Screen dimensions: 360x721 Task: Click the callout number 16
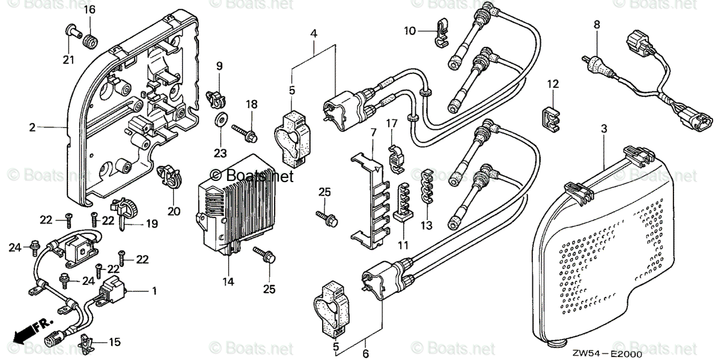coord(89,10)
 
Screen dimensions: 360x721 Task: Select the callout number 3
coord(604,129)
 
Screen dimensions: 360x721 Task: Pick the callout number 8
coord(597,25)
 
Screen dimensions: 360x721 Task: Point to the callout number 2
coord(32,127)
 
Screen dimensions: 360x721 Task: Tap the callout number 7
coord(373,131)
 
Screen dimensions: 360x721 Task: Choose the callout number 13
coord(427,225)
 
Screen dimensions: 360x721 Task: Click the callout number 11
coord(403,245)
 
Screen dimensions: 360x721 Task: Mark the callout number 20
coord(174,211)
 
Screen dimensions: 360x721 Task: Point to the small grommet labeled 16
coord(91,42)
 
